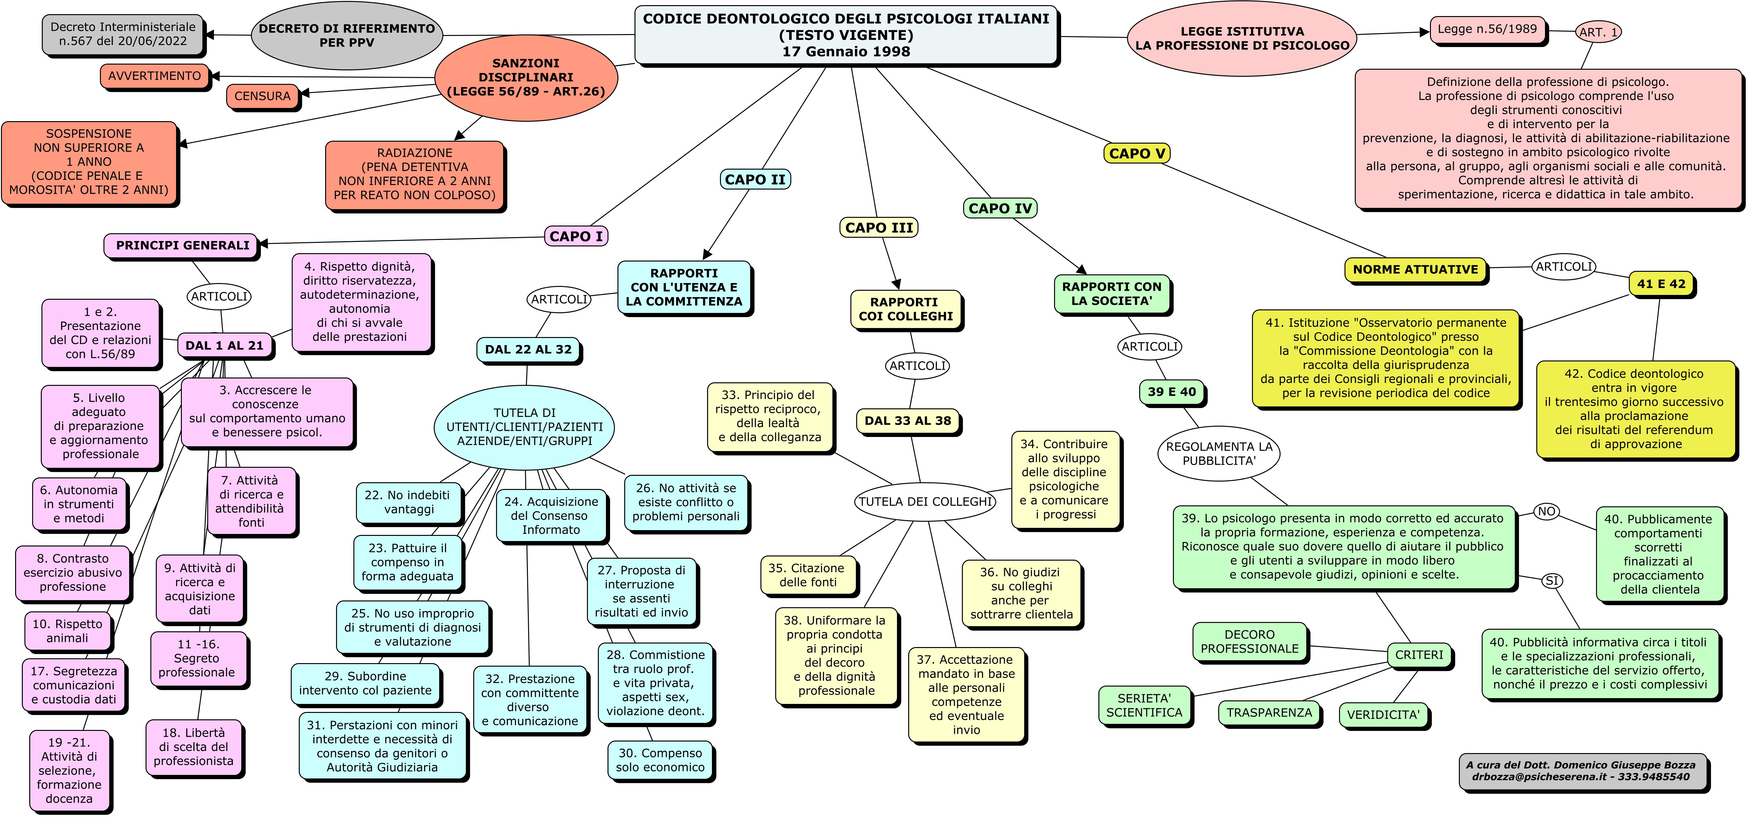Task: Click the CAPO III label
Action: pos(879,228)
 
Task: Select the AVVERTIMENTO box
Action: pos(155,76)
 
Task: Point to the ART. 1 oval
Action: pos(1598,32)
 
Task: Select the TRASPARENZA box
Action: pos(1269,713)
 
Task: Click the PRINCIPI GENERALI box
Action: pos(182,246)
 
